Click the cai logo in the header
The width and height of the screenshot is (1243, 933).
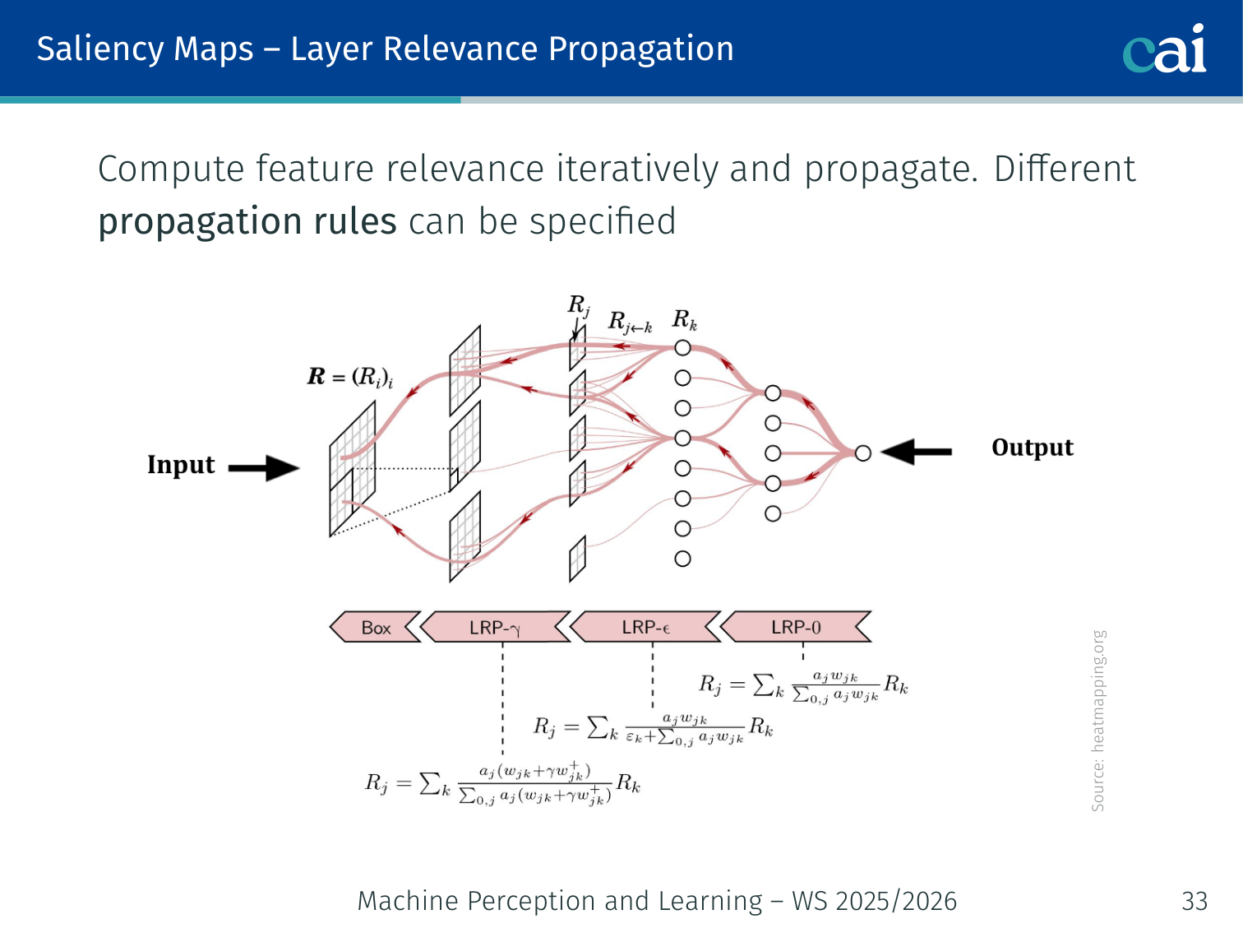[x=1164, y=49]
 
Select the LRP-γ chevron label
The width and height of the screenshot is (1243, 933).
[x=495, y=628]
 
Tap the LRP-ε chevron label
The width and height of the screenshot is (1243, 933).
[x=646, y=628]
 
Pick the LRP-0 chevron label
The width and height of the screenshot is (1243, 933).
[x=796, y=628]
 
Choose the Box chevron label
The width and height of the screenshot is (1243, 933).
[x=376, y=628]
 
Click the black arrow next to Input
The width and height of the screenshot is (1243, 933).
[x=264, y=468]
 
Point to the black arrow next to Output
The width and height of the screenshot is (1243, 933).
[x=916, y=452]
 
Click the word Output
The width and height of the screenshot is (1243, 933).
[x=1033, y=448]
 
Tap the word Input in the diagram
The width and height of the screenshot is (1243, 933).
[x=181, y=465]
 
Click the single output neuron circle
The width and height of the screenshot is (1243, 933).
[x=862, y=453]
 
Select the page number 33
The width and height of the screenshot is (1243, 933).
[x=1194, y=901]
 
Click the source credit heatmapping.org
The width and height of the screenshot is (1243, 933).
[x=1098, y=721]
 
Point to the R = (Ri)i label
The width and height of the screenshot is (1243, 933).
[x=350, y=378]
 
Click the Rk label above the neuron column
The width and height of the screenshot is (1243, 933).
[x=685, y=320]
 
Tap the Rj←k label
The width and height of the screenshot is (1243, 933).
[x=630, y=323]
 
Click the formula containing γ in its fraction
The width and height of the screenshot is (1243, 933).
[x=502, y=784]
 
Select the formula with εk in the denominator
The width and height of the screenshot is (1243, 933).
[x=653, y=728]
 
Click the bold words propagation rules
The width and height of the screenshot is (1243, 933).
[x=247, y=222]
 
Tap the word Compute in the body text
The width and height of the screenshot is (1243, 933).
[x=171, y=169]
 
